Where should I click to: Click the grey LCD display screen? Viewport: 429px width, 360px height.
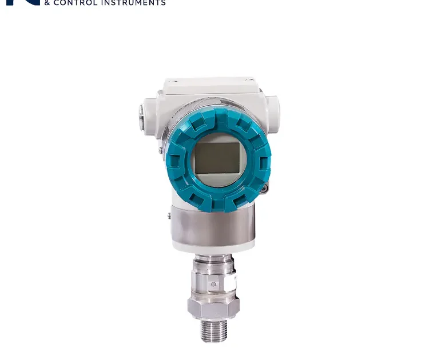click(216, 158)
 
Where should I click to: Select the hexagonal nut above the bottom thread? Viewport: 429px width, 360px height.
click(213, 307)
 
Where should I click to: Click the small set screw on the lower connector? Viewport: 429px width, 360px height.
click(213, 284)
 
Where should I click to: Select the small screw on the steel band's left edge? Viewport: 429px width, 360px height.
click(169, 215)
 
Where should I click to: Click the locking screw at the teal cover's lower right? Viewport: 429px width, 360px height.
click(264, 188)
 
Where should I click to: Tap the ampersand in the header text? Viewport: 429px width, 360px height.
click(47, 3)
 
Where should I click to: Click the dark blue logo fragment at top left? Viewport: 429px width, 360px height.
click(23, 2)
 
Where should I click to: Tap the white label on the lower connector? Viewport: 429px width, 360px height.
click(233, 281)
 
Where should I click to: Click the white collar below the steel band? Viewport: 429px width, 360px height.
click(212, 247)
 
